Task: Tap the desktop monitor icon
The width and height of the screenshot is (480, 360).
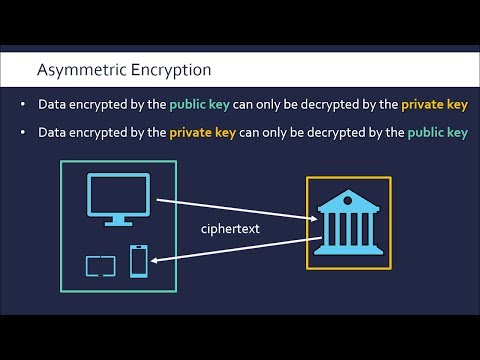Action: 118,198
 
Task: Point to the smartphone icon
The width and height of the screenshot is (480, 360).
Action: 139,261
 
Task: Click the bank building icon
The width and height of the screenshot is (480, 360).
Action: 349,223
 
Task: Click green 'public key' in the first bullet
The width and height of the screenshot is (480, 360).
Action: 198,105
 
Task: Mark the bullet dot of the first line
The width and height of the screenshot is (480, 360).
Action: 25,105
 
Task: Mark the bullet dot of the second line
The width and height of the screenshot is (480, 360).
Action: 25,132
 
